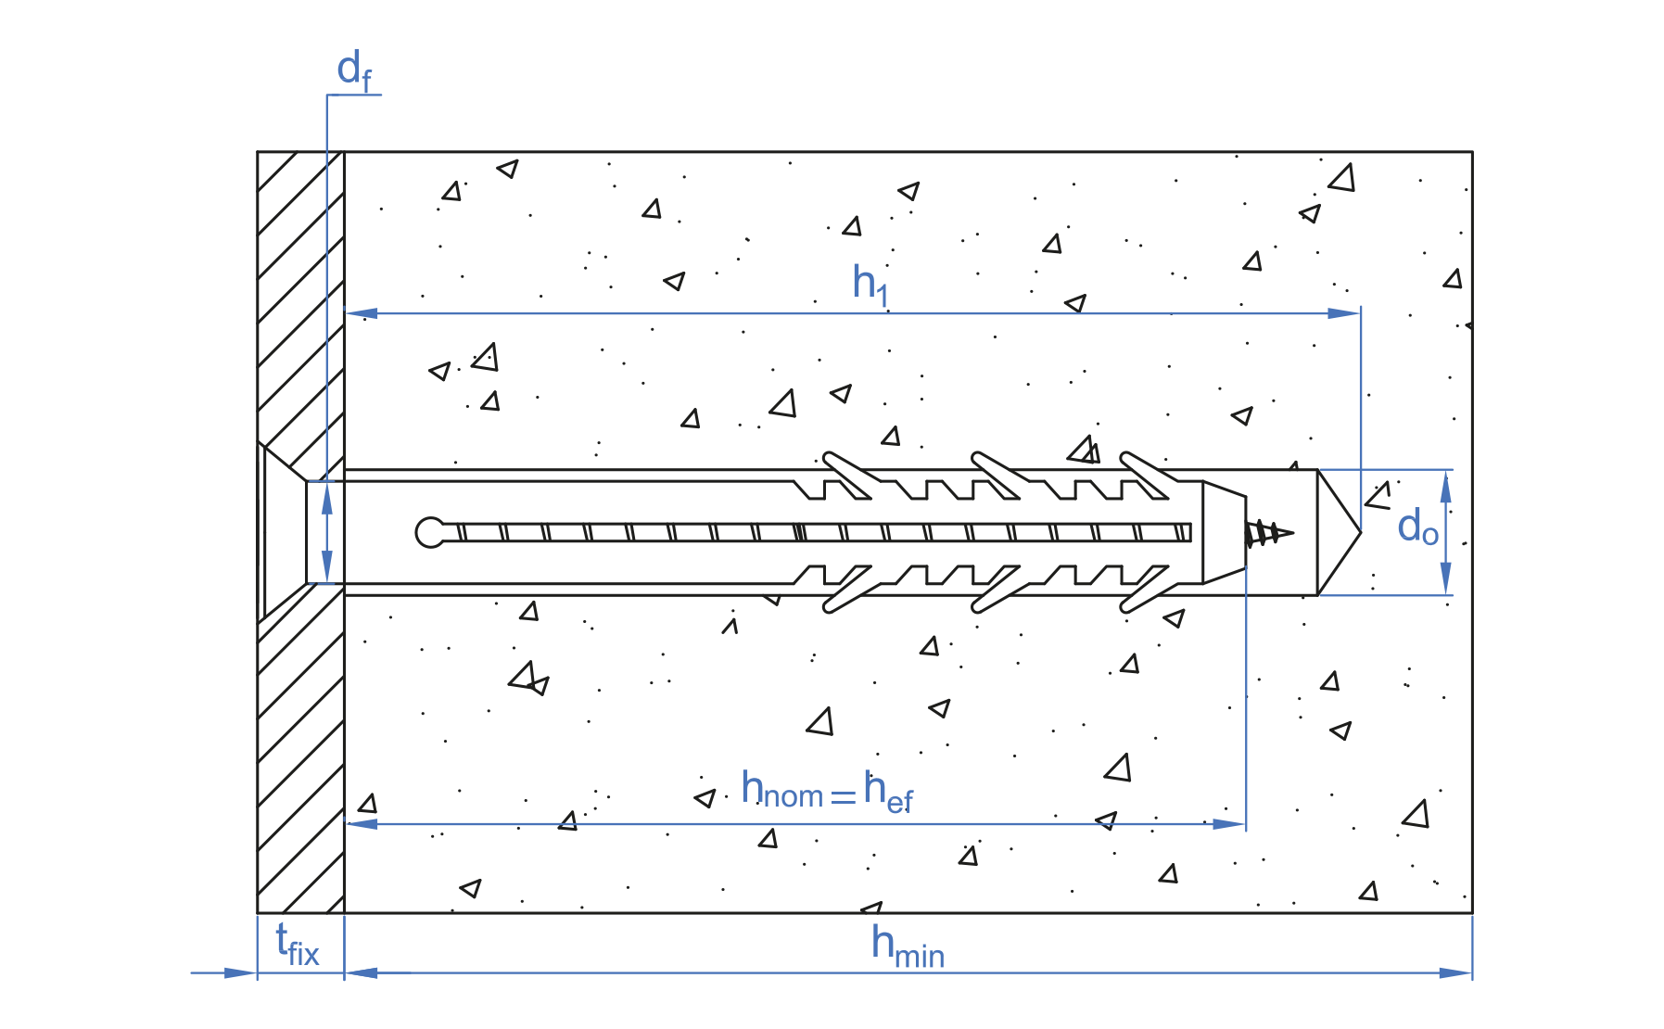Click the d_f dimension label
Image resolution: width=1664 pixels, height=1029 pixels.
[x=353, y=70]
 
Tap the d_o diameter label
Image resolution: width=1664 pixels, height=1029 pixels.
[x=1417, y=528]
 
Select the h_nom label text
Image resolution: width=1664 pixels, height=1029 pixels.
[x=781, y=791]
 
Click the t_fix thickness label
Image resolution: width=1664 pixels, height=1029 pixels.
[x=298, y=946]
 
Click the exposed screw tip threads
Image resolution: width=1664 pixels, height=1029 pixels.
[x=1268, y=533]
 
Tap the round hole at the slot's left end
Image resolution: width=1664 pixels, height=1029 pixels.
[x=430, y=532]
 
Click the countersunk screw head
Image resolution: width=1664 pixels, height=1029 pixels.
[x=282, y=532]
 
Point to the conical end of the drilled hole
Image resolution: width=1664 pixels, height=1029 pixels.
[x=1338, y=532]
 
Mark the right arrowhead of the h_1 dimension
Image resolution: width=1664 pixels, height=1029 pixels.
[x=1344, y=313]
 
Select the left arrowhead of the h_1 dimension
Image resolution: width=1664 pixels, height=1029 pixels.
[x=362, y=313]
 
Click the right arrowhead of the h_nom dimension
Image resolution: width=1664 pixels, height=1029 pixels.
[x=1229, y=823]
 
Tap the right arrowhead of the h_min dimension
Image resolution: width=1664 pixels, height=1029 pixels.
[x=1455, y=972]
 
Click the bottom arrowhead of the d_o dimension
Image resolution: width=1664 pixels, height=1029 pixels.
[x=1445, y=580]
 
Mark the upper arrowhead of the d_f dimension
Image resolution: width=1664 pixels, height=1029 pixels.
[x=326, y=499]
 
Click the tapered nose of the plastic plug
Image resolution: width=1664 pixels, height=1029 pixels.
[x=1224, y=533]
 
